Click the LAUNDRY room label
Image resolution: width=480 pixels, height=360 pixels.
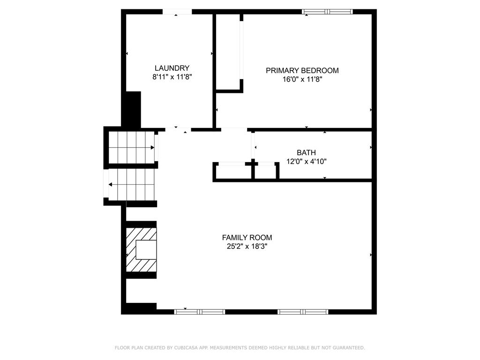coord(172,68)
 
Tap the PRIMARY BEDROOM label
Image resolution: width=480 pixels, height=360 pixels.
coord(302,70)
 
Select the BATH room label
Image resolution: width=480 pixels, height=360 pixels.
coord(306,152)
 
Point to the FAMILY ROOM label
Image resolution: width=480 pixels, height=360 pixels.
coord(247,238)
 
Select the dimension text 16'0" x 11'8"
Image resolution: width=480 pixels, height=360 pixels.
coord(302,79)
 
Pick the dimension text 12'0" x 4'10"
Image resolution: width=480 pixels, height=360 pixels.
coord(306,161)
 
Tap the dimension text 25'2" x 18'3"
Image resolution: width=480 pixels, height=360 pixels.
coord(247,247)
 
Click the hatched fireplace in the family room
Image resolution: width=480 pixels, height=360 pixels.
coord(141,249)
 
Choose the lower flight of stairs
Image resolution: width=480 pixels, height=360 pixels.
coord(132,184)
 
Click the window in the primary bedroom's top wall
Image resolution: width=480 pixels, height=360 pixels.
coord(328,12)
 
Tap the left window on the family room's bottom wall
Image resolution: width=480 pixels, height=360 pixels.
coord(199,311)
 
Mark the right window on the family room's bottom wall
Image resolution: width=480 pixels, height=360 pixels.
coord(303,311)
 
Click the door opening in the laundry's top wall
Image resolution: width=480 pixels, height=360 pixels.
coord(177,12)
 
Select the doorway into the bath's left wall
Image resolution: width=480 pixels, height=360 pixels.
coord(253,146)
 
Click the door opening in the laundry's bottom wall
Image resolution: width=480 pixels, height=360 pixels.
coord(178,129)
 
